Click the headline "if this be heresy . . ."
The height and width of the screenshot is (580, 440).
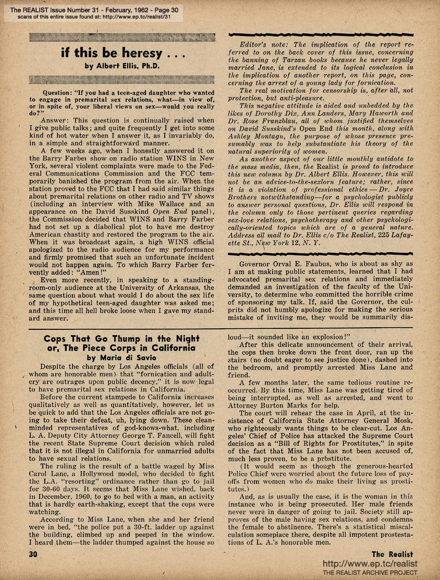pyautogui.click(x=121, y=54)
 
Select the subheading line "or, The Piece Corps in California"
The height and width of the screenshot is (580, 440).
pyautogui.click(x=113, y=348)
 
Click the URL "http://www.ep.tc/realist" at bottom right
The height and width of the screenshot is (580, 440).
pyautogui.click(x=371, y=564)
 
